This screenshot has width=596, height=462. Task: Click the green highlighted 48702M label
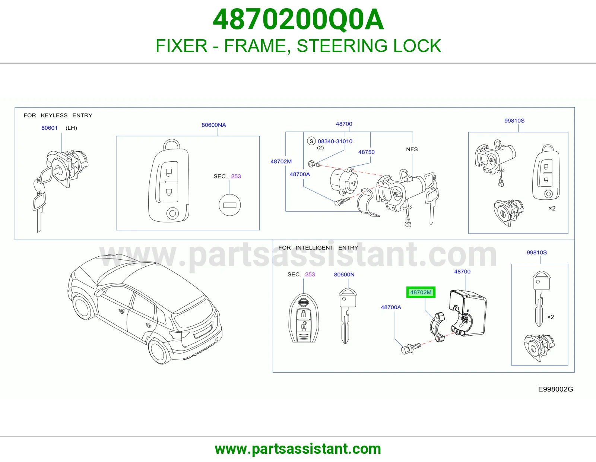421,292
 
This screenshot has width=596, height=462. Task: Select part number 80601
50,128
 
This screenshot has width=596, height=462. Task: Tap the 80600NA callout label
214,125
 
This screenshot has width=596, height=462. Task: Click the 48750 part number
366,152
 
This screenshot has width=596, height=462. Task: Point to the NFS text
412,149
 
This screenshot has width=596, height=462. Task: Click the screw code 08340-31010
335,141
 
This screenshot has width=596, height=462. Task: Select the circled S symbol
311,141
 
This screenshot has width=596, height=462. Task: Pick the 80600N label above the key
344,274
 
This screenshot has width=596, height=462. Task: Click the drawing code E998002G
555,389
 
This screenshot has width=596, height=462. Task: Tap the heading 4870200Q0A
298,19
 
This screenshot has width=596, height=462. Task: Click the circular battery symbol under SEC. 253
229,205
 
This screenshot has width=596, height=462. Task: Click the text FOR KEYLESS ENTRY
58,115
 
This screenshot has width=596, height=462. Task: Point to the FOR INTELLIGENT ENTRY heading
318,247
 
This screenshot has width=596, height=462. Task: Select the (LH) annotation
71,128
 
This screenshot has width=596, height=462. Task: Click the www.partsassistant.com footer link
298,449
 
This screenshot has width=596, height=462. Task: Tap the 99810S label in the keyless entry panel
514,120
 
